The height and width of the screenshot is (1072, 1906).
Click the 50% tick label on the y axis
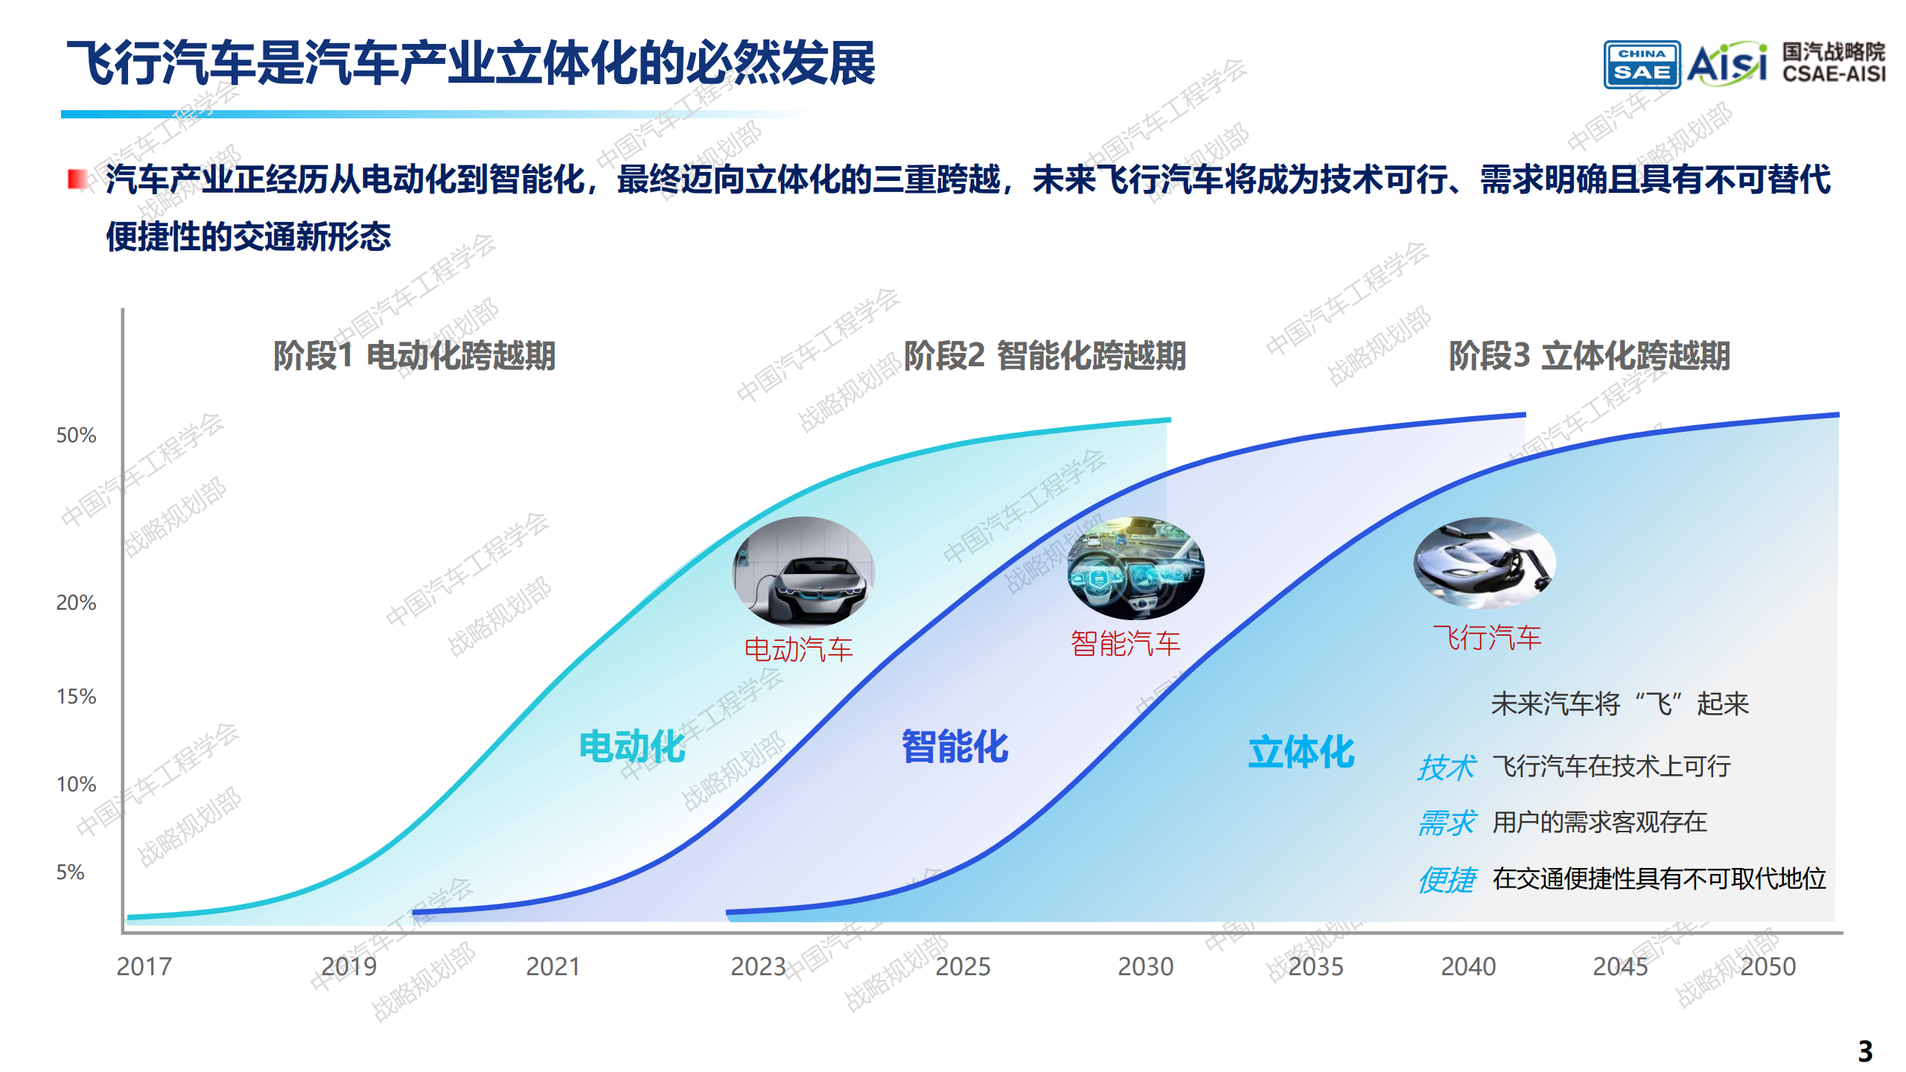76,435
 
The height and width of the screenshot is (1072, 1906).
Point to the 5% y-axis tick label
70,872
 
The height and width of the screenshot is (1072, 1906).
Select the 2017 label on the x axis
144,966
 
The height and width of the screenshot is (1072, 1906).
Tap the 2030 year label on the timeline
1145,966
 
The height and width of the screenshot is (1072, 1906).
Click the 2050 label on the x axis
1768,966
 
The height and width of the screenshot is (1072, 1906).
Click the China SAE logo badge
1642,65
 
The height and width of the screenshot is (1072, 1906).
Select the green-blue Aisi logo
1726,63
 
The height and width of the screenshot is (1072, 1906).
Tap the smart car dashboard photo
1135,568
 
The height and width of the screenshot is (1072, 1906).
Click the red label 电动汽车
798,649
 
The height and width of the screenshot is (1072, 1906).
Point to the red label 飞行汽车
1487,637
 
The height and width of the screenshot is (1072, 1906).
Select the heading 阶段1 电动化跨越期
414,355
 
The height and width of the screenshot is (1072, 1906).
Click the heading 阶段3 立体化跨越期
1589,355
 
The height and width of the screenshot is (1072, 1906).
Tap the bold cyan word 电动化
632,746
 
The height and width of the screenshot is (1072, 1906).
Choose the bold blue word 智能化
954,746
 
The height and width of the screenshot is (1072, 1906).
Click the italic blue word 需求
1446,823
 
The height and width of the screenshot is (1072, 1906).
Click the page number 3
1864,1051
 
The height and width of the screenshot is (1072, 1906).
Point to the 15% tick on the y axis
76,696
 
